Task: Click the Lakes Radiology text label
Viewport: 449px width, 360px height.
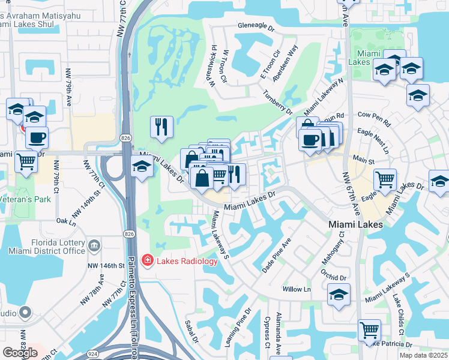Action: [x=187, y=260]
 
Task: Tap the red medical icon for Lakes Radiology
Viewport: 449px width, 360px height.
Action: [x=146, y=260]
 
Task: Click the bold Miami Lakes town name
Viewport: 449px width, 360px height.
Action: [x=355, y=224]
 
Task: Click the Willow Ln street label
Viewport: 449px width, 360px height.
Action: [x=297, y=289]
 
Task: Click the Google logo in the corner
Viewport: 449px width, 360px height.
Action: [x=20, y=353]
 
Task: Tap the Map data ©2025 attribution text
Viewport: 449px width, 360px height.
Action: [x=423, y=355]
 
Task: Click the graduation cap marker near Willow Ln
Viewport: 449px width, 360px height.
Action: [x=339, y=295]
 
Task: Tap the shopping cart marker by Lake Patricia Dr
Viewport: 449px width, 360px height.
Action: [x=369, y=329]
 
